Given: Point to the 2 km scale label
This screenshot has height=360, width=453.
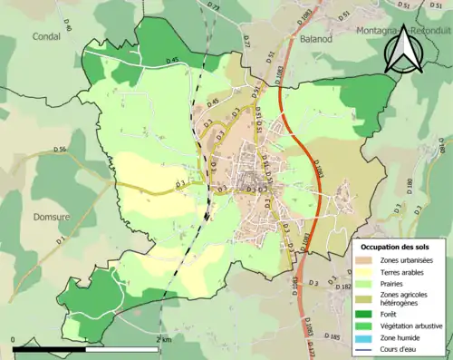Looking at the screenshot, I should tap(162, 339).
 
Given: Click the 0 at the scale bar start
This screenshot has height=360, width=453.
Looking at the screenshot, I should tap(13, 339).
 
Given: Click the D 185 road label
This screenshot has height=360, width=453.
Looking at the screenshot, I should tap(333, 336).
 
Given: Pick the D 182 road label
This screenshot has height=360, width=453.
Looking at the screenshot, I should tap(342, 286).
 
